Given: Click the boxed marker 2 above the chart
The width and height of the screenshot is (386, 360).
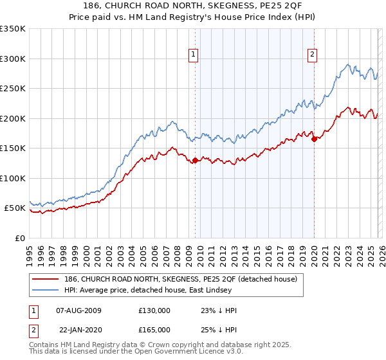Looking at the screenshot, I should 313,55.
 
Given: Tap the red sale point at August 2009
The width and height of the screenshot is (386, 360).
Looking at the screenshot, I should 195,161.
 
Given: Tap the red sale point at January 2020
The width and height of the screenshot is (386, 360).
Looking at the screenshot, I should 314,139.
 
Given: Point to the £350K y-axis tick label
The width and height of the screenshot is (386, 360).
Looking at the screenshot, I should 13,29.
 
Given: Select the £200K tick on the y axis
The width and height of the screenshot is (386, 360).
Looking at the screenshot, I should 13,118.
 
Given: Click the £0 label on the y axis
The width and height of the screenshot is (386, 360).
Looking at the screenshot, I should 20,238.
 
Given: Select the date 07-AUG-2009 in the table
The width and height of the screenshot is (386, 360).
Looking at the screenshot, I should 79,310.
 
